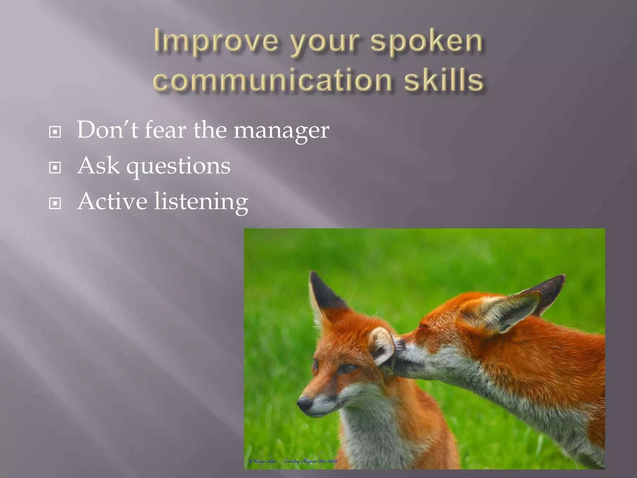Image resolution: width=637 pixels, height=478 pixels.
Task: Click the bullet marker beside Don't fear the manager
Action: tap(55, 132)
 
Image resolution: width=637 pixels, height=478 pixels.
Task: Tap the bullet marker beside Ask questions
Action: tap(55, 168)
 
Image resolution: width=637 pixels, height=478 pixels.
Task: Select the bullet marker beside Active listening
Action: tap(55, 204)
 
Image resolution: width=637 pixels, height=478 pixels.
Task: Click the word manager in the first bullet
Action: tap(281, 131)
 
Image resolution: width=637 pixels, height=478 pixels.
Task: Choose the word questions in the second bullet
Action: tap(178, 166)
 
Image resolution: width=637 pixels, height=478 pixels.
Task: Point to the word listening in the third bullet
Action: tap(201, 202)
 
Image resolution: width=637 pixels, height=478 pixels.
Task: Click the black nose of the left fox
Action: tap(304, 403)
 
